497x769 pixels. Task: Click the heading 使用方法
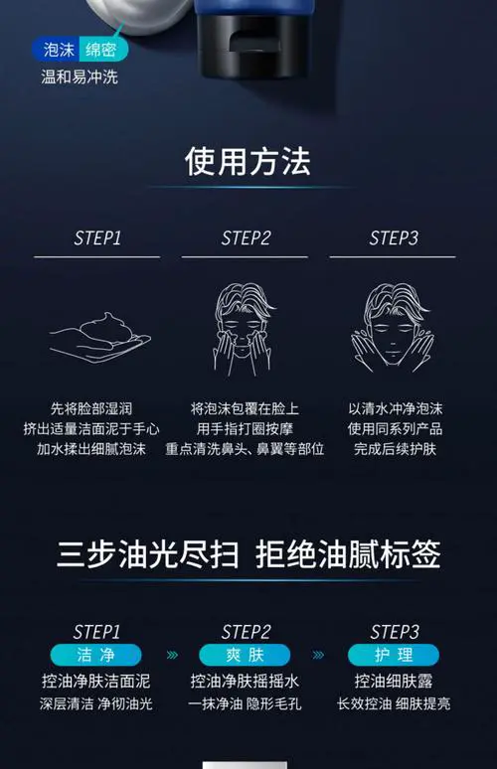pos(248,161)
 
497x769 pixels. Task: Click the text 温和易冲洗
pos(80,77)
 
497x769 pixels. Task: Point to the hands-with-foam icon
pos(96,335)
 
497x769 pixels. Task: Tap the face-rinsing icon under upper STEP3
pos(394,327)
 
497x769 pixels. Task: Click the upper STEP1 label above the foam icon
pos(96,238)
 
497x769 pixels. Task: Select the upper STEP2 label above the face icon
pos(246,238)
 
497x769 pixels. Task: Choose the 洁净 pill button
pos(96,655)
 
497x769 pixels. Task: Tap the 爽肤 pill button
pos(246,655)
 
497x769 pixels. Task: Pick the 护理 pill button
pos(394,655)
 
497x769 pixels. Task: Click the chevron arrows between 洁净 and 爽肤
pos(171,656)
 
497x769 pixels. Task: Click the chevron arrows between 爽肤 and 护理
pos(319,656)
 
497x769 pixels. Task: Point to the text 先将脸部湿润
pos(96,408)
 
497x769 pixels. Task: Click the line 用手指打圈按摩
pos(246,429)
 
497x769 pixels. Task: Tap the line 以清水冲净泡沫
pos(394,408)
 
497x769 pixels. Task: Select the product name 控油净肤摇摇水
pos(246,682)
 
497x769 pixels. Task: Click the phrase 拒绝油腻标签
pos(347,553)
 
